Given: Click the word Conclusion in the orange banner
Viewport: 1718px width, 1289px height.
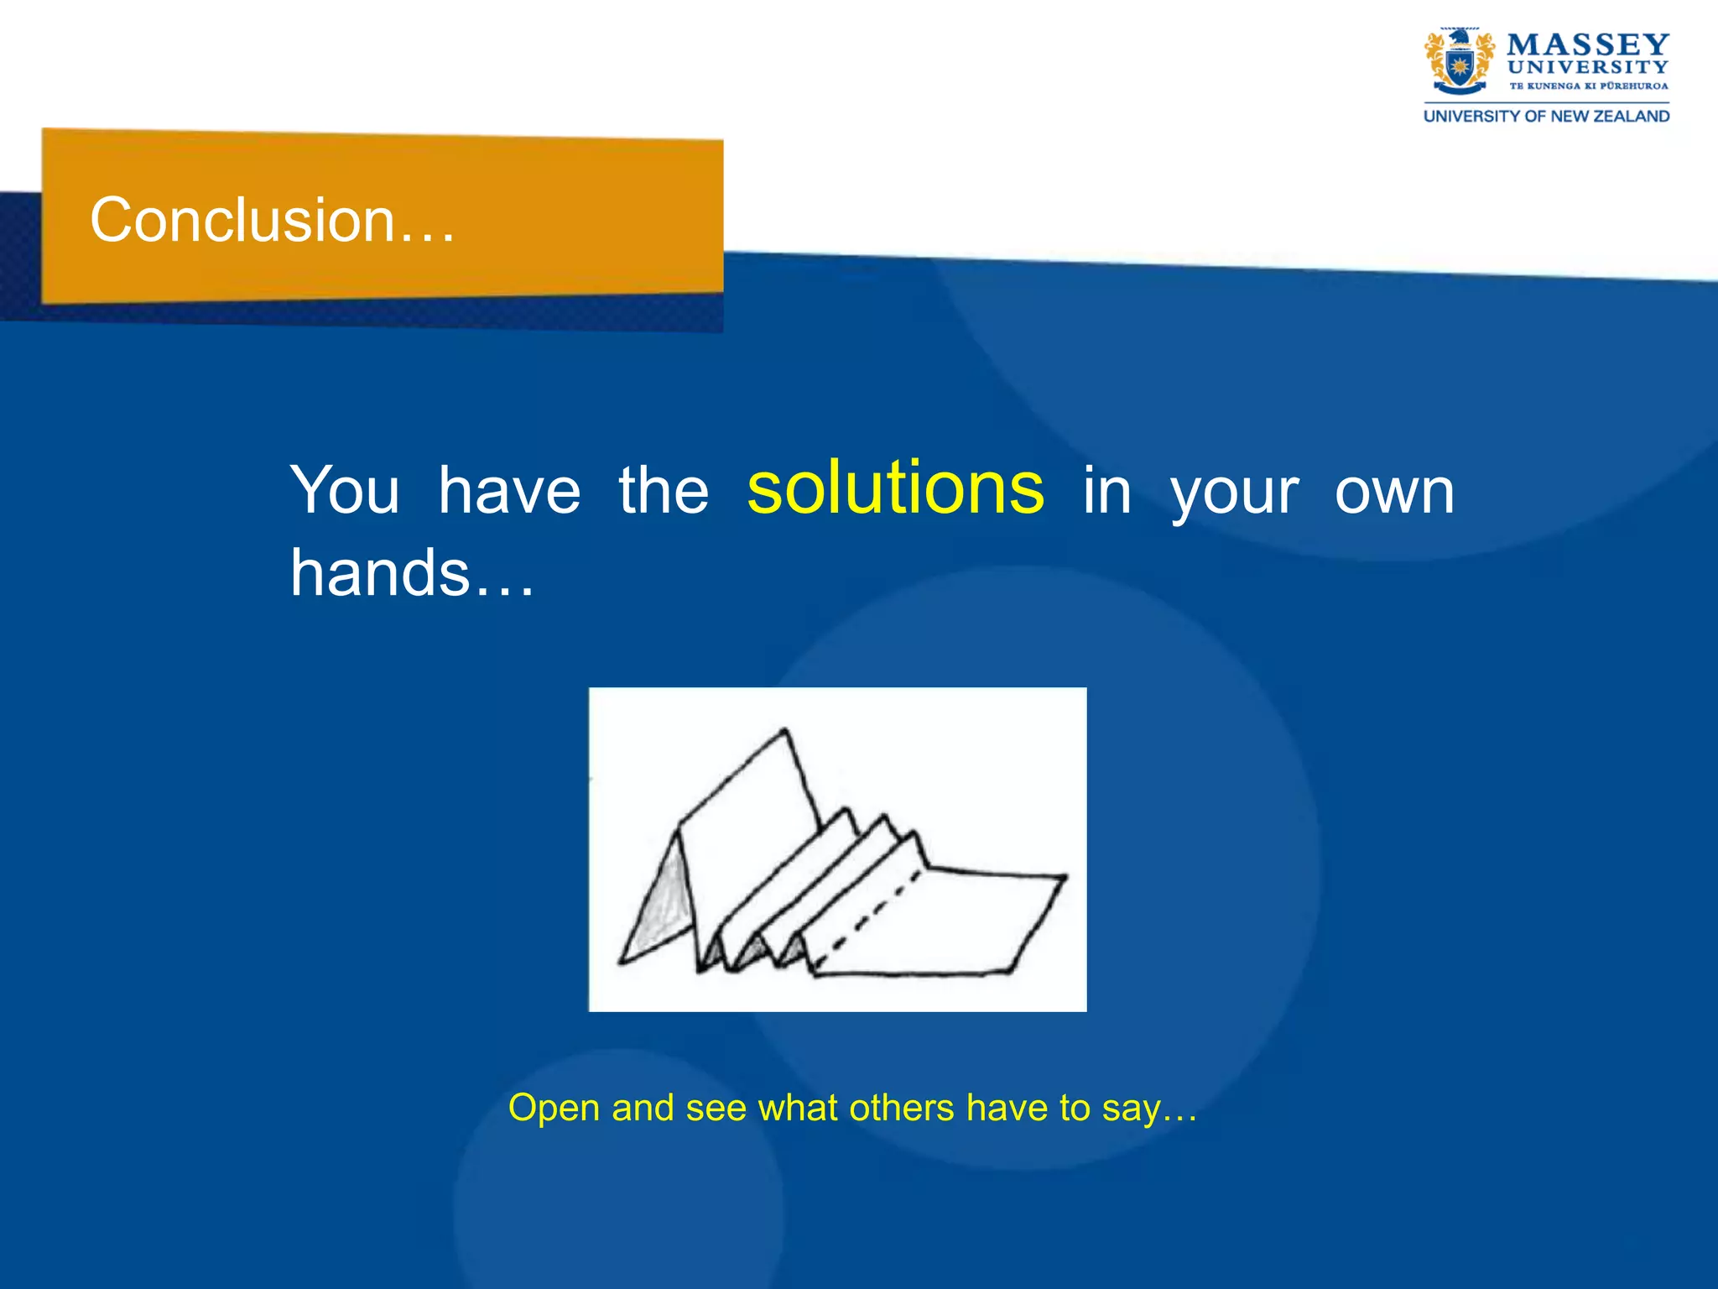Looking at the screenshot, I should pos(242,221).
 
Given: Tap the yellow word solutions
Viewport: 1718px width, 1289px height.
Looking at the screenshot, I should pos(895,488).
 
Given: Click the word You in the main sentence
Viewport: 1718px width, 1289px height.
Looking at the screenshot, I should pos(345,491).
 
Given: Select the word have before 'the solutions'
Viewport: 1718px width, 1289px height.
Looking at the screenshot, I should pos(509,491).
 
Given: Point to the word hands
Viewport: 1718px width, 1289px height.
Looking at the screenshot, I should pos(379,573).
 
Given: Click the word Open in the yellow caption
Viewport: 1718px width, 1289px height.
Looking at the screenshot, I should pos(554,1108).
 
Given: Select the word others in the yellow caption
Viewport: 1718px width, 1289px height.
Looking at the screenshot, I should pos(902,1108).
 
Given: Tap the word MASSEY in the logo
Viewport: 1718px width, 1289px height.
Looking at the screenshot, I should pos(1587,44).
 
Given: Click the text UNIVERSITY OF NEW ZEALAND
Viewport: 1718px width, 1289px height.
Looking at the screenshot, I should pos(1546,116).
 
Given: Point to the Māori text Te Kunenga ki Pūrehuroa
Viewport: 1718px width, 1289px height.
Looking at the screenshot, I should pos(1588,86).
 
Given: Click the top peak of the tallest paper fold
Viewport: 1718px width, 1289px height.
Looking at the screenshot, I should pos(784,731).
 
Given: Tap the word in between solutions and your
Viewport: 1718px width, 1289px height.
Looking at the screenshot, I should pos(1106,491).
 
